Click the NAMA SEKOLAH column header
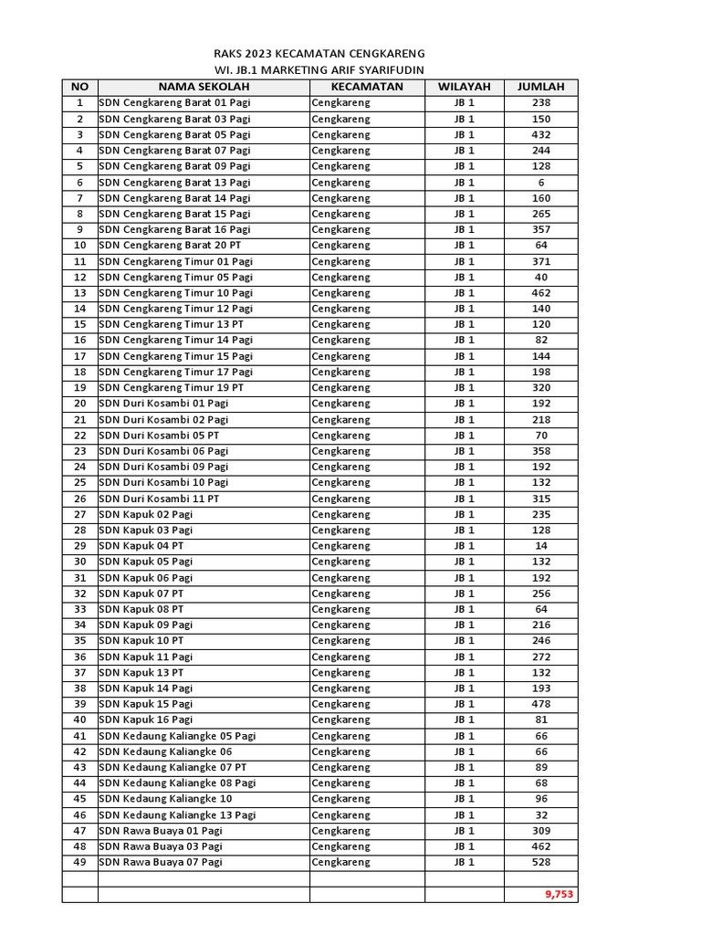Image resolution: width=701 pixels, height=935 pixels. pyautogui.click(x=204, y=87)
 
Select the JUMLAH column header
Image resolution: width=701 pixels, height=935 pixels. pyautogui.click(x=540, y=87)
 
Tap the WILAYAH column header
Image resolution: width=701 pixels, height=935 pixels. pyautogui.click(x=464, y=87)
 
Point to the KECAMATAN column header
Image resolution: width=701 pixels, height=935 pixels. pyautogui.click(x=367, y=87)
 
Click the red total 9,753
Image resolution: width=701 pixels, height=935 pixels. pyautogui.click(x=559, y=895)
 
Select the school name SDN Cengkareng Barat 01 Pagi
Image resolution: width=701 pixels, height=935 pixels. pyautogui.click(x=174, y=103)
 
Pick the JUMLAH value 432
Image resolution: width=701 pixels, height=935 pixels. pyautogui.click(x=540, y=134)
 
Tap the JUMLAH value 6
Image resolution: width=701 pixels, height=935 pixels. pyautogui.click(x=540, y=183)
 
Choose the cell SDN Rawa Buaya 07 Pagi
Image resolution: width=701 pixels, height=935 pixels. pyautogui.click(x=161, y=862)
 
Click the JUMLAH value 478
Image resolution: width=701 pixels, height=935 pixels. pyautogui.click(x=540, y=704)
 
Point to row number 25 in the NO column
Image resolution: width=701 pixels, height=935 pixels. pyautogui.click(x=79, y=482)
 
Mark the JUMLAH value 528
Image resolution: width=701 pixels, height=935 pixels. pyautogui.click(x=540, y=862)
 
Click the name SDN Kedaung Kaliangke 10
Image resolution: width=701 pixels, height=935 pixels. pyautogui.click(x=165, y=799)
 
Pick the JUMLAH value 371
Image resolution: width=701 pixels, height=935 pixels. pyautogui.click(x=540, y=261)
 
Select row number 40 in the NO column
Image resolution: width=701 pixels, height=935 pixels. pyautogui.click(x=79, y=720)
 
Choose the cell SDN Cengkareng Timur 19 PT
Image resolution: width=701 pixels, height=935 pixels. pyautogui.click(x=172, y=388)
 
